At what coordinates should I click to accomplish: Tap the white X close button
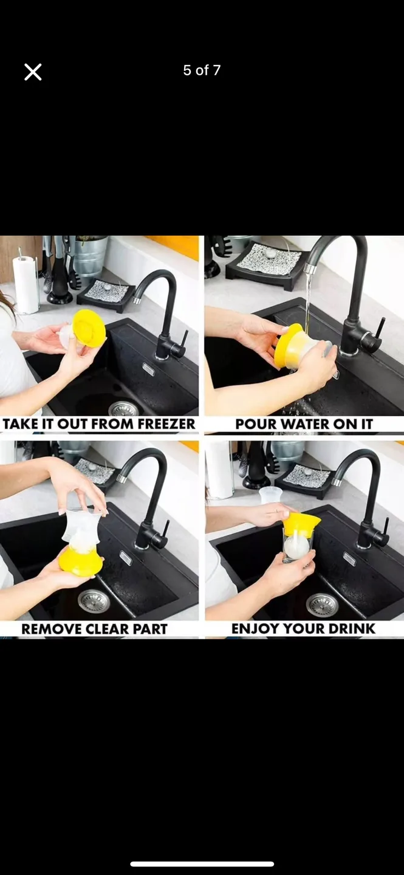[x=33, y=72]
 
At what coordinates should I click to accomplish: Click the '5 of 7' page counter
[x=202, y=70]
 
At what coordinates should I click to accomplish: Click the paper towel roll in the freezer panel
[x=26, y=284]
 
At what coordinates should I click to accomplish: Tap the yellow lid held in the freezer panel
[x=89, y=328]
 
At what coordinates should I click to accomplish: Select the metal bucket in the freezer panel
[x=91, y=256]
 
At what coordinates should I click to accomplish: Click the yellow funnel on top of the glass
[x=301, y=524]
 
